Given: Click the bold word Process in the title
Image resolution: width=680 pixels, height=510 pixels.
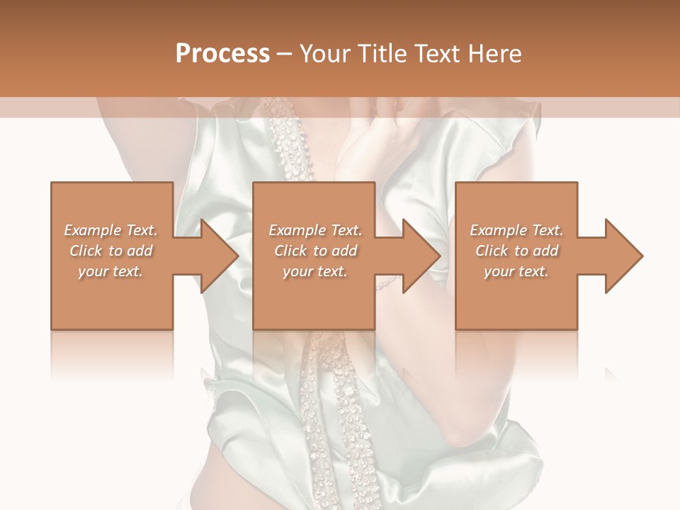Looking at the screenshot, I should (222, 54).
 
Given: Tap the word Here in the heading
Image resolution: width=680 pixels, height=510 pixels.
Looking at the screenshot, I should (496, 54).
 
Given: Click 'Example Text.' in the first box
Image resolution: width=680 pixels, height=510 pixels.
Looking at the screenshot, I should (110, 230).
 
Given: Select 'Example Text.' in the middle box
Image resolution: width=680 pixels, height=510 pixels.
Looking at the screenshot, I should (314, 230).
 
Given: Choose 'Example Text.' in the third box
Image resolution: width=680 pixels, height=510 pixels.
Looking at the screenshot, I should (516, 230).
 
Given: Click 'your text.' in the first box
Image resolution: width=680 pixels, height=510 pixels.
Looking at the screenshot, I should (110, 271).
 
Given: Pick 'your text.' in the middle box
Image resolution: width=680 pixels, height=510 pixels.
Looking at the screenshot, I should (314, 271).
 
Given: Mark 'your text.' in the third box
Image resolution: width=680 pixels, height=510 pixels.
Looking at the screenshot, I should (516, 271).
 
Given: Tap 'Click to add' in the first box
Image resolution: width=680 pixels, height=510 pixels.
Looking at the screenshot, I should (110, 251).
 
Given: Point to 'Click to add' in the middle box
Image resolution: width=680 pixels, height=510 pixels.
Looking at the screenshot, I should (314, 251).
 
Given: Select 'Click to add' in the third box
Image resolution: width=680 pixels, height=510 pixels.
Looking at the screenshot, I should (516, 251).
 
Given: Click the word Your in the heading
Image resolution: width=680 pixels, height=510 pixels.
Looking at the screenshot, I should (323, 54).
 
